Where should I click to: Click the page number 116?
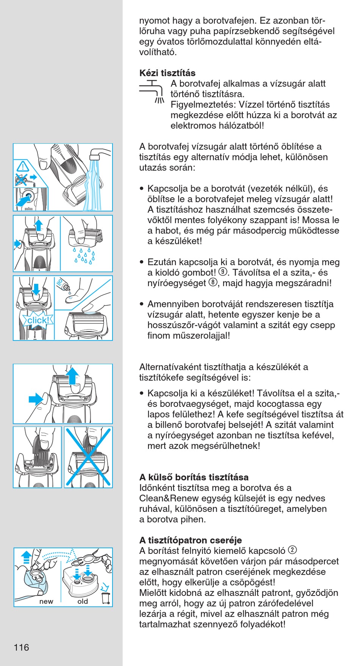21,647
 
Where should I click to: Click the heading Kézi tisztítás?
167,73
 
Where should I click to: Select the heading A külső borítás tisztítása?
194,477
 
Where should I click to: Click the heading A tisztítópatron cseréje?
190,540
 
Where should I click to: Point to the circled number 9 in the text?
223,272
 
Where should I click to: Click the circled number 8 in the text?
213,283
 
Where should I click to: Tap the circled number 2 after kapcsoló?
292,550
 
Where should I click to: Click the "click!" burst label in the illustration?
38,320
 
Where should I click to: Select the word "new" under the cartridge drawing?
46,602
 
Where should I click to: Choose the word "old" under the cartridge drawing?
83,602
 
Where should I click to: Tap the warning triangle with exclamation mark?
23,166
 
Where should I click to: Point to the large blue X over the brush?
88,457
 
